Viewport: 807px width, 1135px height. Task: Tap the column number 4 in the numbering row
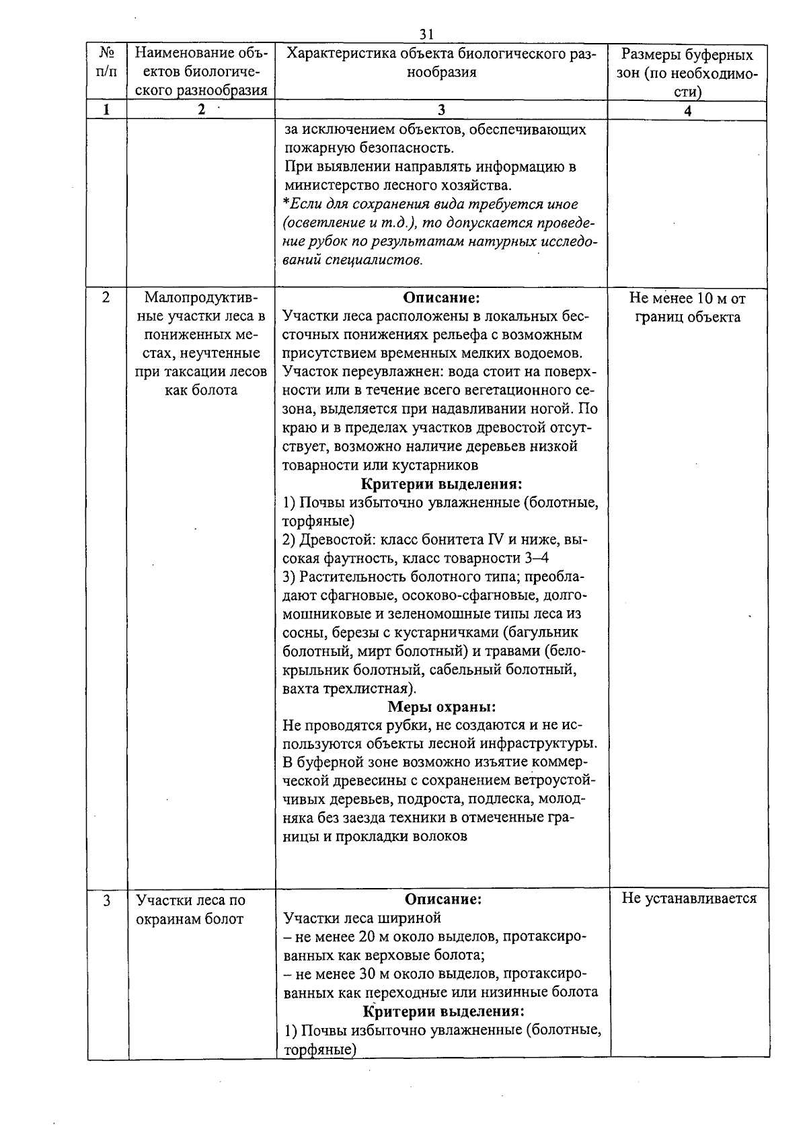coord(687,112)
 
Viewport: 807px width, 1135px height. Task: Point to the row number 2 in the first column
coord(106,297)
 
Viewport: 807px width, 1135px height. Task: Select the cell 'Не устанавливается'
coord(689,898)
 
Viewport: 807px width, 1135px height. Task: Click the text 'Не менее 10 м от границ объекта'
coord(687,307)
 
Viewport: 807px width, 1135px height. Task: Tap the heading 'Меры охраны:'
coord(441,707)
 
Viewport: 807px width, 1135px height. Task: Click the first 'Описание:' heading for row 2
coord(441,297)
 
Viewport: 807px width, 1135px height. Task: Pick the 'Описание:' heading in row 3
coord(443,900)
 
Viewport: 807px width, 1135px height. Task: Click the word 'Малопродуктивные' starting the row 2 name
coord(200,297)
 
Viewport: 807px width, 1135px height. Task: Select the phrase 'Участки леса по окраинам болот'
coord(191,910)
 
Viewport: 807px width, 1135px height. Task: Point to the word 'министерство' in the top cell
coord(326,185)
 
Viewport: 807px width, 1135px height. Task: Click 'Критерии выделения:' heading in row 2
coord(442,484)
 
